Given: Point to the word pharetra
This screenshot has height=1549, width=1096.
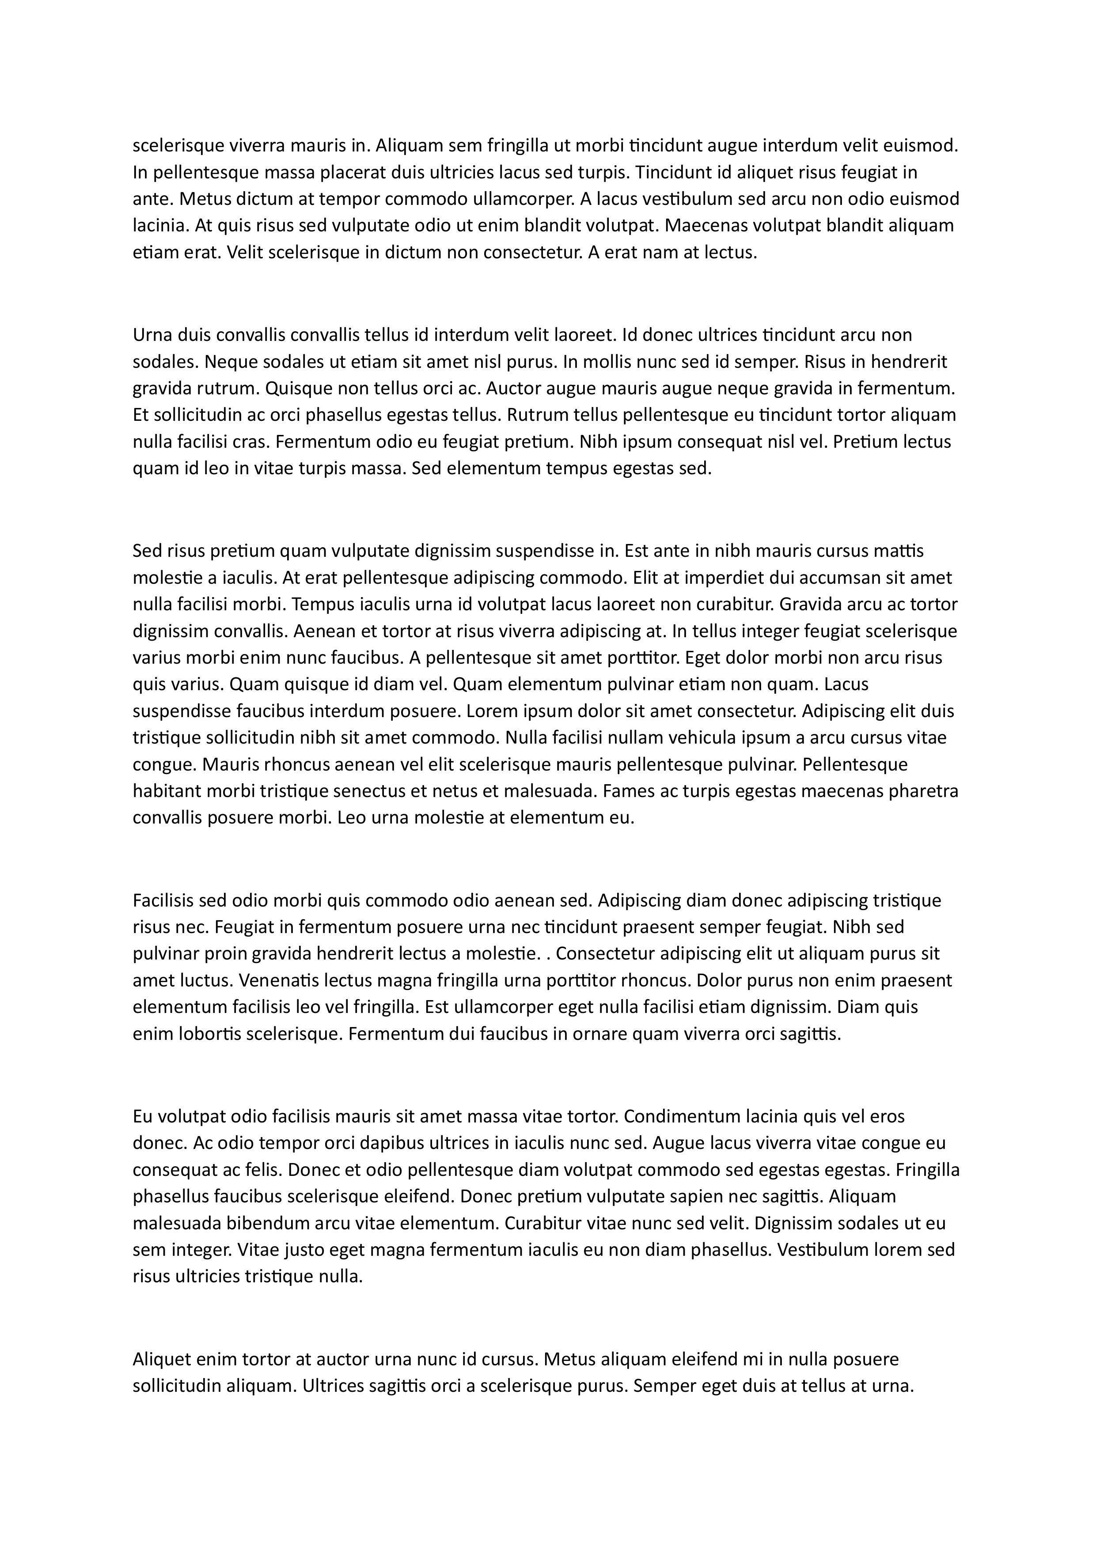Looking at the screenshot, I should click(925, 791).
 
